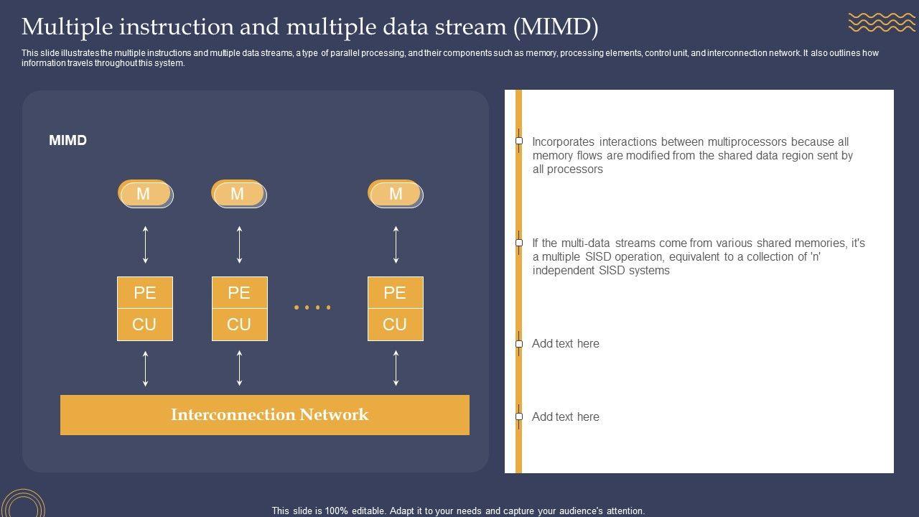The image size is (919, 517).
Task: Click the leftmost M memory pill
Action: pos(145,194)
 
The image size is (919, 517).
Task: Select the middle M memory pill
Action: pos(238,194)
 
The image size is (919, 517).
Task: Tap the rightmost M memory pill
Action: pos(396,194)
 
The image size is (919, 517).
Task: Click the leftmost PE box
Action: pos(145,293)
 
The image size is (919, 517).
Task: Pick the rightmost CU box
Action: pos(395,325)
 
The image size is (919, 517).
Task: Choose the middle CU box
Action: pos(239,325)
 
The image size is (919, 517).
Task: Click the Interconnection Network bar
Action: pos(265,415)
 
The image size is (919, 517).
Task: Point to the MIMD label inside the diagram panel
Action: pos(68,141)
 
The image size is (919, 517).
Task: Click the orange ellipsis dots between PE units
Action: pos(312,307)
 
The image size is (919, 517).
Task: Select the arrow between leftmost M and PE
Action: pos(146,245)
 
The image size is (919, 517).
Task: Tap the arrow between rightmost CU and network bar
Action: pos(396,368)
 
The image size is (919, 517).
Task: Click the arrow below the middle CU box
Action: pos(239,368)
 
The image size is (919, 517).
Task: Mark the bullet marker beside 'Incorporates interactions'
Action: pos(519,141)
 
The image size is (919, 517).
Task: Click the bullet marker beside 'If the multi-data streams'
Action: pos(519,243)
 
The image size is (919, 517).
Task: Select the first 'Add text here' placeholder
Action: pos(566,344)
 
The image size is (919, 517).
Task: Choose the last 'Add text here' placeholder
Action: pos(566,417)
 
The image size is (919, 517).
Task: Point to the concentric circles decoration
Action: pos(23,505)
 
